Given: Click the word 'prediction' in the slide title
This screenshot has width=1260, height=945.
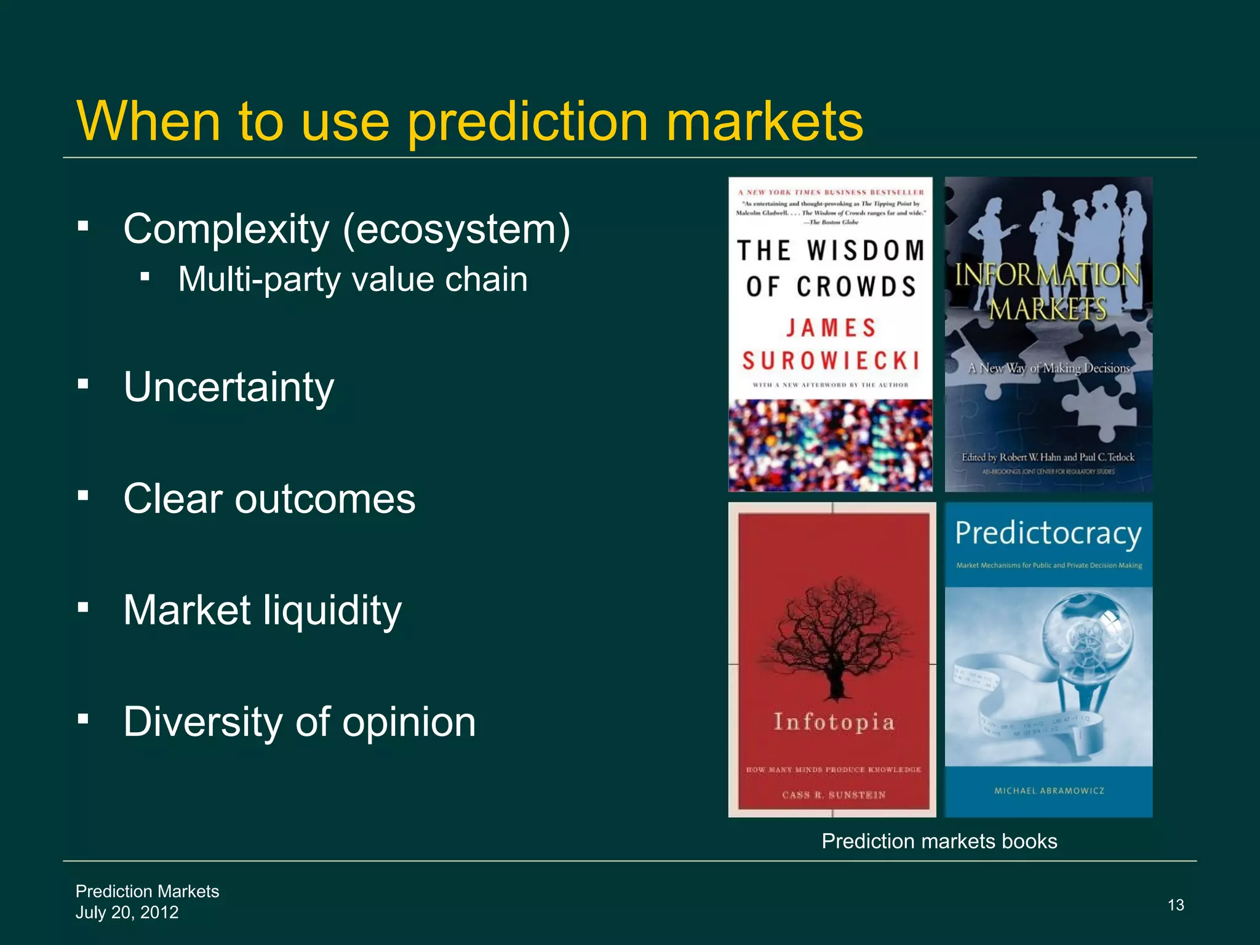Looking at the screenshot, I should coord(527,122).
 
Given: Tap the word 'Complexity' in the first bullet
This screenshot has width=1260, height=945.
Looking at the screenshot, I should coord(226,229).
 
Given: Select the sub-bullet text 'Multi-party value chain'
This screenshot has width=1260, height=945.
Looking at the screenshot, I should coord(353,279).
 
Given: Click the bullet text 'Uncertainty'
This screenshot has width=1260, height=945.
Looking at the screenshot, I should coord(229,387).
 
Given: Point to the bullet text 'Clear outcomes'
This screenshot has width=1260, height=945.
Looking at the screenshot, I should coord(269,498).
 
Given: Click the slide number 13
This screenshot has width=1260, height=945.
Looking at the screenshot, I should coord(1176,905).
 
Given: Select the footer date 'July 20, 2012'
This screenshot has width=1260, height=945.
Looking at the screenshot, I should coord(127,912).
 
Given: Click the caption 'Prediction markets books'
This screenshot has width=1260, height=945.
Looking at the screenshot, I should coord(939,841).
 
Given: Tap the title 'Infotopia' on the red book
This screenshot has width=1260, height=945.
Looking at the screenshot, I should coord(834,722).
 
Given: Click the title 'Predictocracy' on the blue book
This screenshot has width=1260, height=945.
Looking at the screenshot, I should coord(1048,533).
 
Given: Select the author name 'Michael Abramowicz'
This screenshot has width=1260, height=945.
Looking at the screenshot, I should coord(1049,791).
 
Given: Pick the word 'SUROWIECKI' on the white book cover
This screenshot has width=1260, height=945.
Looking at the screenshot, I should coord(831,361).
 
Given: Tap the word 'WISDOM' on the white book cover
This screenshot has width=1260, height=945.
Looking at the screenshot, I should coord(866,251).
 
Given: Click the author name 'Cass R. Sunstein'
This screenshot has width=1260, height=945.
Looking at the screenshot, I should coord(834,795).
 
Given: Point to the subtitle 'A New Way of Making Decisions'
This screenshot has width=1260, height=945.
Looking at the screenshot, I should coord(1048,369).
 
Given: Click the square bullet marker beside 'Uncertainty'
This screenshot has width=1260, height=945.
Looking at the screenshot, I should coord(84,385).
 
